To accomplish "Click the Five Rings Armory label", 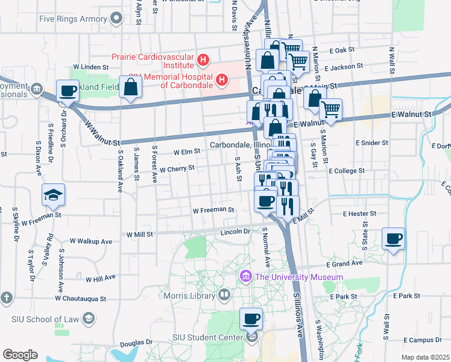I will point(73,19).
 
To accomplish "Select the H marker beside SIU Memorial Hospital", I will point(222,79).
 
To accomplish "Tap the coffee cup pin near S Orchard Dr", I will point(68,91).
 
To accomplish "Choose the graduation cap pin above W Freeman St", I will point(53,194).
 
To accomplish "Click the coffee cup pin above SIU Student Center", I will point(251,318).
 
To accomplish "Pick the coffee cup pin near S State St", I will point(394,239).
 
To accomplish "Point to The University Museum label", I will point(298,277).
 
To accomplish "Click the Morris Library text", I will point(190,295).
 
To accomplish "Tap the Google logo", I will point(20,355).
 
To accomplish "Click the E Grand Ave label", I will point(345,263).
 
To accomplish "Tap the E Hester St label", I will point(359,214).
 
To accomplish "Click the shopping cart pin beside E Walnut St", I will point(330,109).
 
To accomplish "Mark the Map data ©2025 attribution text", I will point(425,357).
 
